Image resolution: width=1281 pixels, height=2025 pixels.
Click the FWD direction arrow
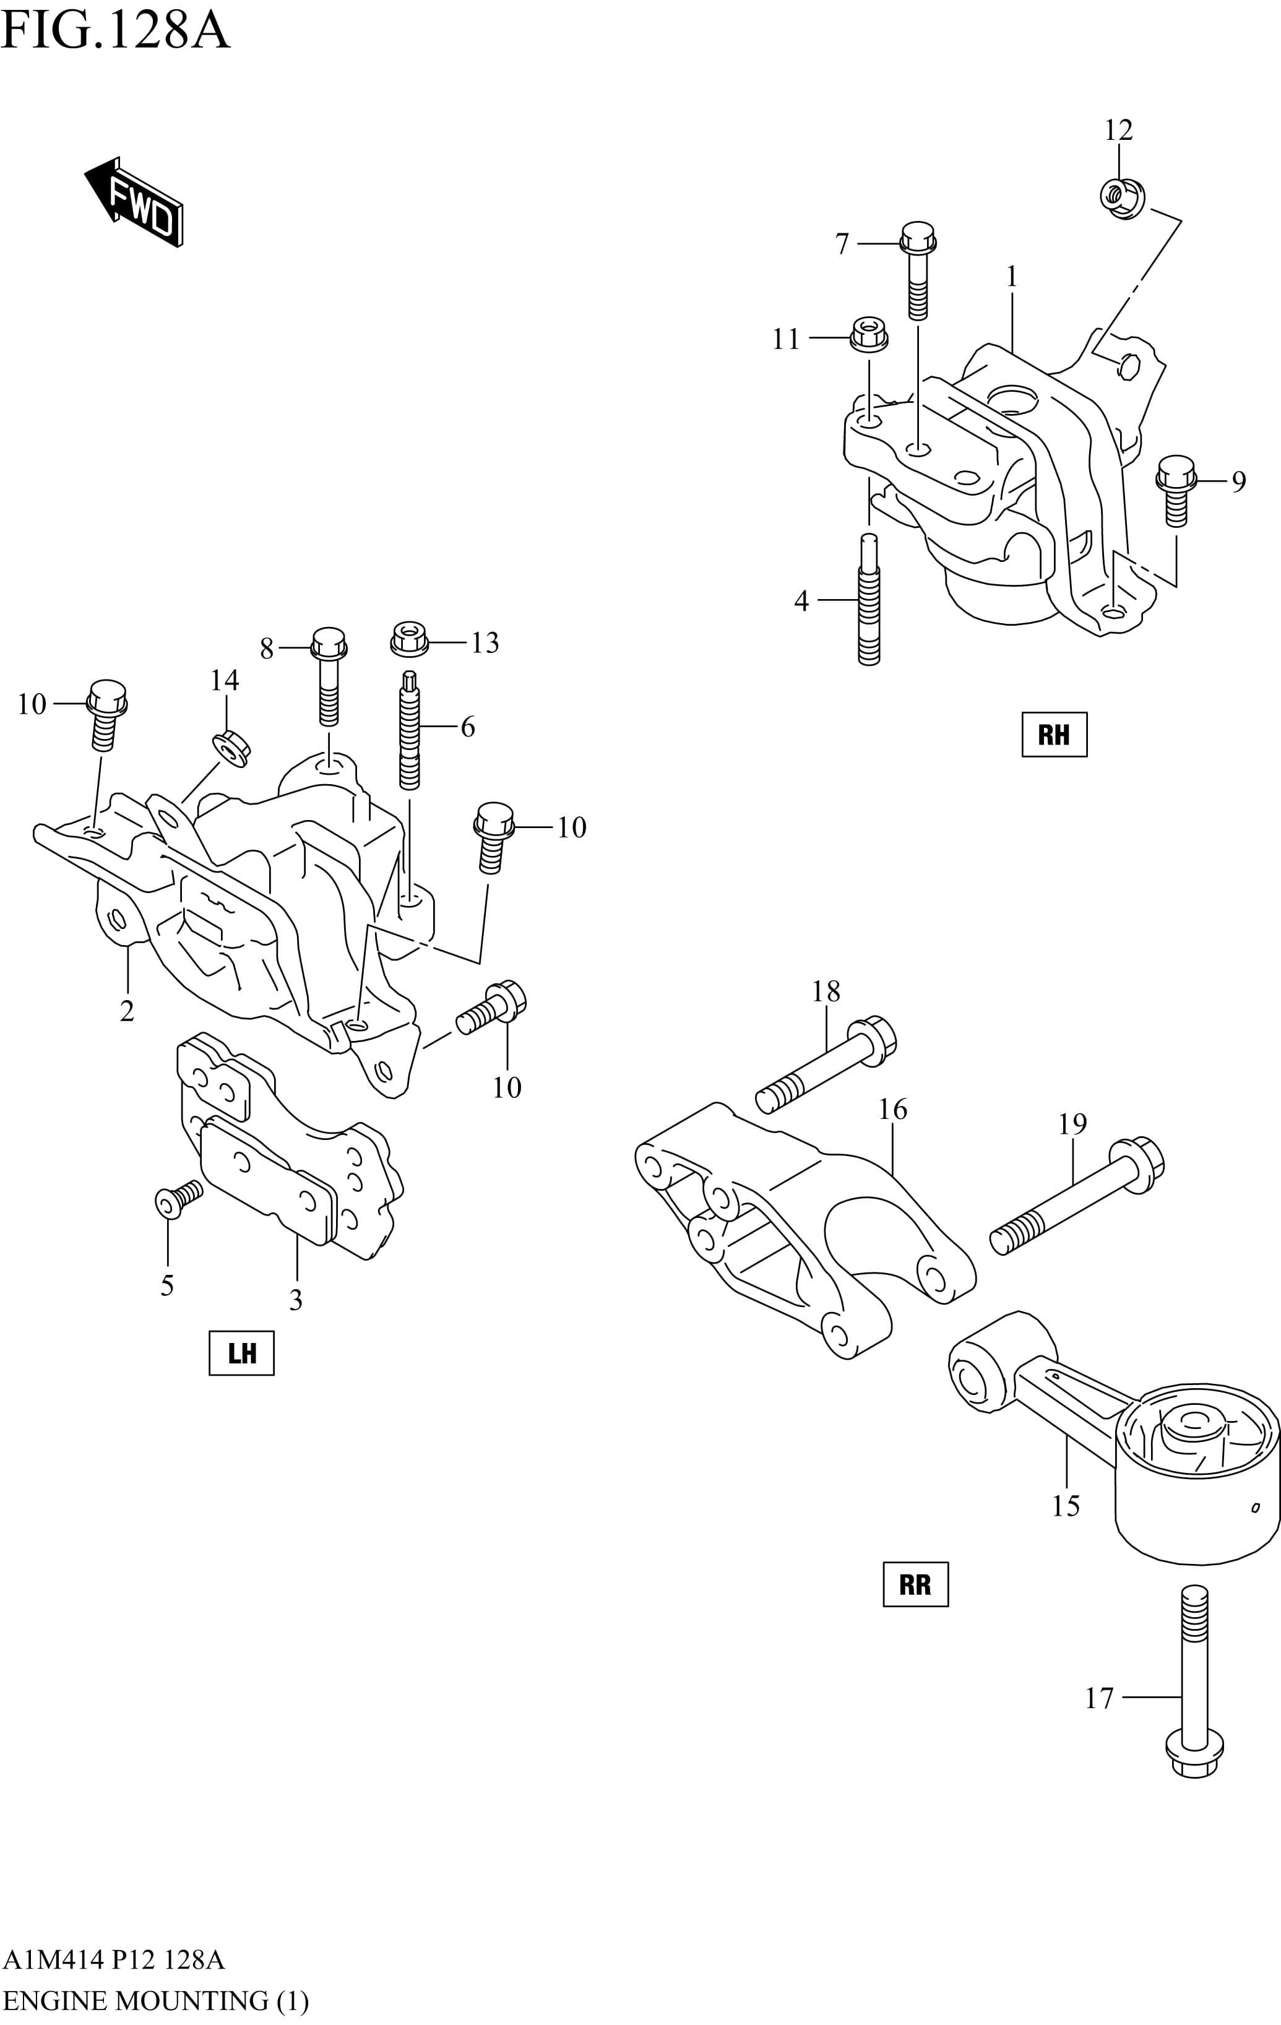pyautogui.click(x=134, y=202)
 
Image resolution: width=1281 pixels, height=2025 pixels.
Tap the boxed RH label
pyautogui.click(x=1054, y=734)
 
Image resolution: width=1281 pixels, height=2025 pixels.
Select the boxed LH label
pyautogui.click(x=241, y=1353)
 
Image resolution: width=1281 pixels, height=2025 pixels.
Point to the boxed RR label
pyautogui.click(x=915, y=1584)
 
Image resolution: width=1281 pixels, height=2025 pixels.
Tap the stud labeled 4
pyautogui.click(x=869, y=602)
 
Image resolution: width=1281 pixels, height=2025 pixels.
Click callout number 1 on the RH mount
pyautogui.click(x=1012, y=277)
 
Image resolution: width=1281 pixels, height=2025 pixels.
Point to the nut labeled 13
pyautogui.click(x=410, y=639)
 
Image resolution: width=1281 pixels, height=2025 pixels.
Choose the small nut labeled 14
pyautogui.click(x=230, y=748)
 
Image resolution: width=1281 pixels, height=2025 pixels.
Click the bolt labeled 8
pyautogui.click(x=329, y=675)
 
